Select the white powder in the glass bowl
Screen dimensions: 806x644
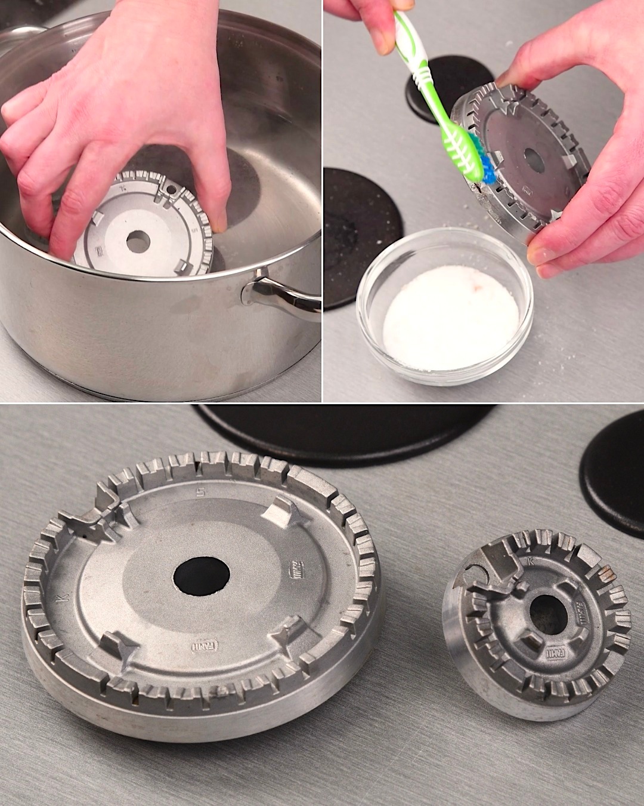(x=450, y=317)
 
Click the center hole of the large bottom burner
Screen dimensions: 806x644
(x=202, y=577)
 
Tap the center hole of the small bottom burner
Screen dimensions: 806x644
(x=548, y=614)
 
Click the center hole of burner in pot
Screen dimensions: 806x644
(x=138, y=241)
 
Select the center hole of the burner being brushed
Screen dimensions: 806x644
(x=534, y=160)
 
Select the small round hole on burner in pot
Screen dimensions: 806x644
(x=172, y=189)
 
